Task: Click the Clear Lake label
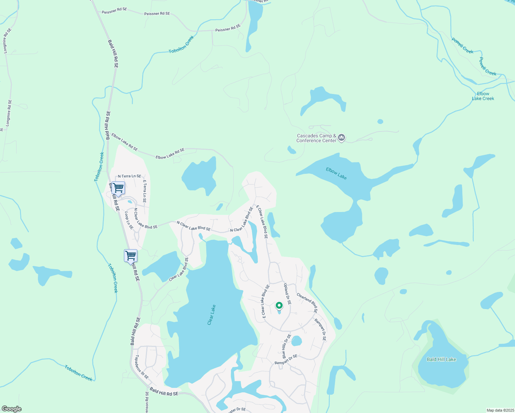pyautogui.click(x=211, y=315)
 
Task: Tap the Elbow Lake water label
pyautogui.click(x=336, y=173)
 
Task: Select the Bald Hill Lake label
pyautogui.click(x=441, y=359)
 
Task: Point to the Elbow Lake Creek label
pyautogui.click(x=483, y=96)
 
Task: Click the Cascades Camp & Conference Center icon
pyautogui.click(x=341, y=138)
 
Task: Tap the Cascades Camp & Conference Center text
pyautogui.click(x=316, y=138)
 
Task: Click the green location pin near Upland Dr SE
pyautogui.click(x=279, y=305)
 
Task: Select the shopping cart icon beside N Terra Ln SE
pyautogui.click(x=118, y=188)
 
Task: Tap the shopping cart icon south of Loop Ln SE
pyautogui.click(x=130, y=256)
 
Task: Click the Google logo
pyautogui.click(x=12, y=409)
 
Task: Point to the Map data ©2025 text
pyautogui.click(x=500, y=410)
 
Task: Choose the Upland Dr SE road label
pyautogui.click(x=287, y=294)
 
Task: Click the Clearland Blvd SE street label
pyautogui.click(x=307, y=303)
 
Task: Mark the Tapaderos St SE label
pyautogui.click(x=142, y=367)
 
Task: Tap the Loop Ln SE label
pyautogui.click(x=129, y=220)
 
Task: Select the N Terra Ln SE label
pyautogui.click(x=129, y=176)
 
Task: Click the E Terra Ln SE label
pyautogui.click(x=145, y=191)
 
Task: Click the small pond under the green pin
pyautogui.click(x=279, y=312)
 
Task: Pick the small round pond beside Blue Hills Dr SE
pyautogui.click(x=296, y=341)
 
